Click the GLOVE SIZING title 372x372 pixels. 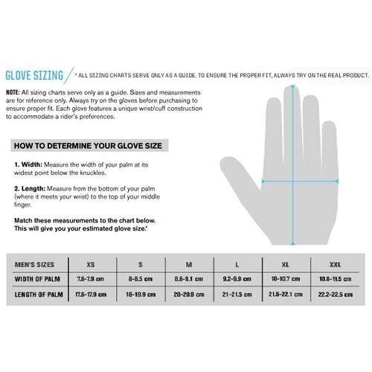[x=36, y=75]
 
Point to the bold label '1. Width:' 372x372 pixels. [x=28, y=164]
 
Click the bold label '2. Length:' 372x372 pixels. [x=30, y=188]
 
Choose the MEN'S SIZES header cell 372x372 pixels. [x=36, y=264]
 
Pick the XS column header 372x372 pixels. [x=92, y=264]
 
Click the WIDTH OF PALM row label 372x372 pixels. [x=39, y=279]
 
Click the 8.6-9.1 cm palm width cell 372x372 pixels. [x=190, y=279]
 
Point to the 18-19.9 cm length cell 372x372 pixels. [x=141, y=294]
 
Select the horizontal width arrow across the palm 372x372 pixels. [x=298, y=179]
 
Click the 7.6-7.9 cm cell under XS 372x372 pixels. [x=92, y=279]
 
